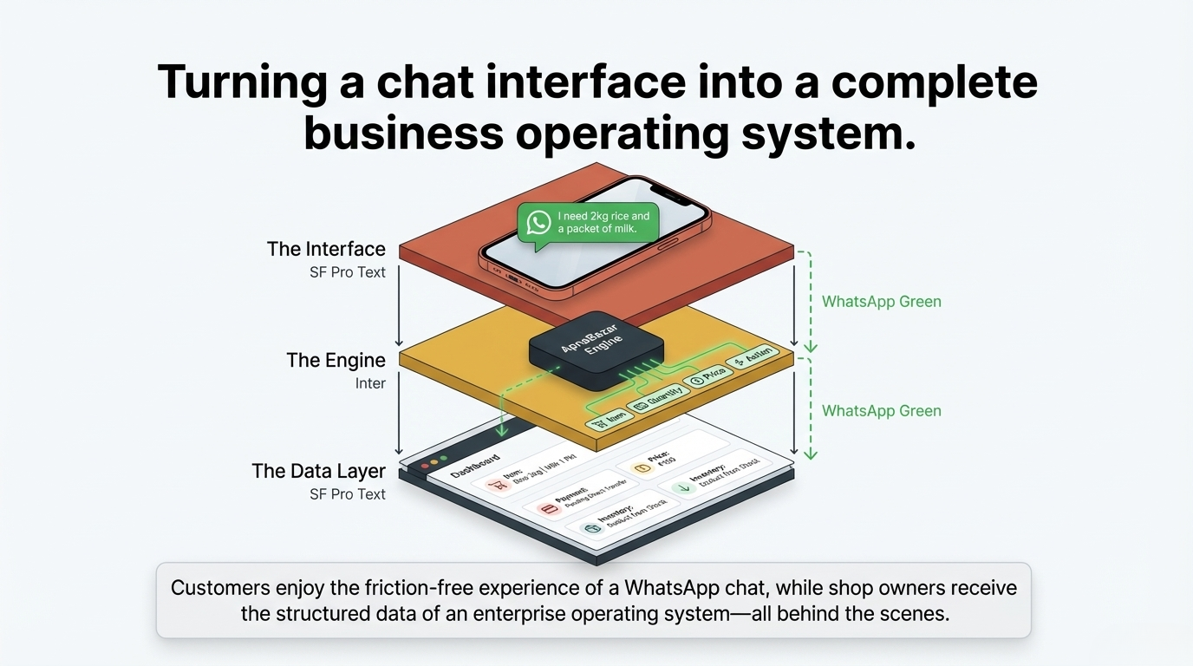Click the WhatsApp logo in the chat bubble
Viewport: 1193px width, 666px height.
tap(538, 222)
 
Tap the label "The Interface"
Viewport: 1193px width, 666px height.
tap(326, 249)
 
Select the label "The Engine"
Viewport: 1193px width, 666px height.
tap(336, 360)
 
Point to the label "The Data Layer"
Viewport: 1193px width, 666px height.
tap(318, 471)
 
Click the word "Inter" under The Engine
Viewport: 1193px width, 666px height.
tap(370, 383)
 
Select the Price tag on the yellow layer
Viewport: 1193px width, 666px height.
tap(706, 375)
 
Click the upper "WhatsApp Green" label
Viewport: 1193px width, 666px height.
tap(881, 302)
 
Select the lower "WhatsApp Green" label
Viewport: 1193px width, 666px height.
tap(881, 411)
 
